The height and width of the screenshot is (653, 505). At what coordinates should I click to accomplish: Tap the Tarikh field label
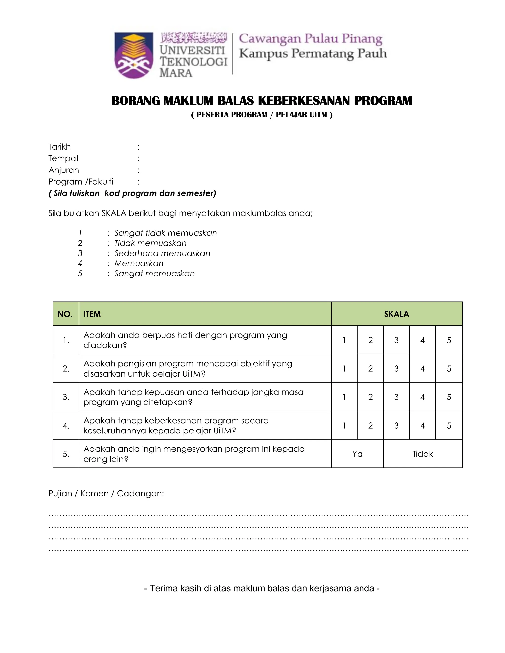[x=59, y=147]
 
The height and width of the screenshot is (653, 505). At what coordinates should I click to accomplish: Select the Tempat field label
[x=63, y=158]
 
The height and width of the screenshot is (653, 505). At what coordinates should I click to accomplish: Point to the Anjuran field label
[x=64, y=170]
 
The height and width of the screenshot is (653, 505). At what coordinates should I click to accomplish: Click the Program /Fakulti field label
[x=81, y=182]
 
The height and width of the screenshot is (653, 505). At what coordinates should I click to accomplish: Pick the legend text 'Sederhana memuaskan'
[x=162, y=253]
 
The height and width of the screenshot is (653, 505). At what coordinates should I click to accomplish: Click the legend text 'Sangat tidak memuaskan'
[x=165, y=233]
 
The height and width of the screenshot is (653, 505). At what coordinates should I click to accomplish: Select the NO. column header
[x=65, y=314]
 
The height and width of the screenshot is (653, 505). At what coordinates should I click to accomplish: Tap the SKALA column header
[x=397, y=314]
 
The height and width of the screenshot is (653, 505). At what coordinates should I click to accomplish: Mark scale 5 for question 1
[x=449, y=340]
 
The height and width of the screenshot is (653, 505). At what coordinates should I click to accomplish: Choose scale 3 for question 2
[x=397, y=369]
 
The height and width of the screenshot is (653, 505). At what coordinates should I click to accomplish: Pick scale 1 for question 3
[x=344, y=397]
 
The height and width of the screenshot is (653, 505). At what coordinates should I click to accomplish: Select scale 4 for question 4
[x=422, y=426]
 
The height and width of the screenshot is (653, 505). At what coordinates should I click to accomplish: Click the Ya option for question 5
[x=357, y=454]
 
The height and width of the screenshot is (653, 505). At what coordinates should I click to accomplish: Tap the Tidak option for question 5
[x=422, y=454]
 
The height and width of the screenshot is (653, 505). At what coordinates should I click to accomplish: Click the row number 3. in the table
[x=66, y=397]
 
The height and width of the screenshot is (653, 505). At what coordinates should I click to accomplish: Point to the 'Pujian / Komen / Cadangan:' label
[x=106, y=493]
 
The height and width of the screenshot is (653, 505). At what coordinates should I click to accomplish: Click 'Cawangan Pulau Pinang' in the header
[x=310, y=39]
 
